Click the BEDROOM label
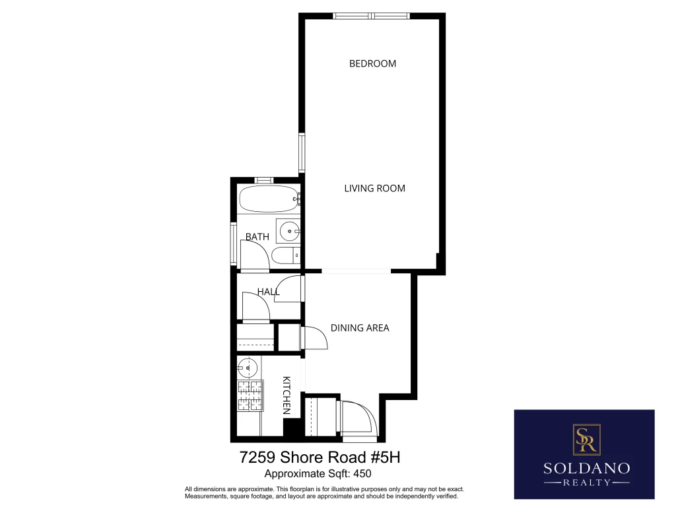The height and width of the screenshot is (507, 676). pyautogui.click(x=372, y=64)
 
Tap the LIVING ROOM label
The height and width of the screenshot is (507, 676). pyautogui.click(x=375, y=188)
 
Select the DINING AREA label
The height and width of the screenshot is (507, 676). pyautogui.click(x=360, y=328)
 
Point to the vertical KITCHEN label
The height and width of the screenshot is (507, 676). pyautogui.click(x=287, y=395)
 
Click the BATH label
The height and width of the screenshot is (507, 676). pyautogui.click(x=257, y=237)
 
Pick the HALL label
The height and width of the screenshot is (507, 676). pyautogui.click(x=269, y=292)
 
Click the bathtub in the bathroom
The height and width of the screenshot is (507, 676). pyautogui.click(x=269, y=199)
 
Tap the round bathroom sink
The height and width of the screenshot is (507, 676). pyautogui.click(x=289, y=232)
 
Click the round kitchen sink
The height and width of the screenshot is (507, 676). pyautogui.click(x=248, y=368)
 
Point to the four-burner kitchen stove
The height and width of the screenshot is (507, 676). pyautogui.click(x=250, y=395)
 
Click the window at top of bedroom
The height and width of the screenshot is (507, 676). pyautogui.click(x=371, y=17)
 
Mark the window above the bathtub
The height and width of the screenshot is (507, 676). pyautogui.click(x=264, y=180)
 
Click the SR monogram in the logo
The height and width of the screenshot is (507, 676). pyautogui.click(x=586, y=439)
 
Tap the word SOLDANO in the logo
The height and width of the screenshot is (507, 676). pyautogui.click(x=586, y=468)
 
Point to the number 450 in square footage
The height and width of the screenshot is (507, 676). pyautogui.click(x=362, y=474)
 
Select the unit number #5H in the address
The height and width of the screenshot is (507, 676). pyautogui.click(x=386, y=457)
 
